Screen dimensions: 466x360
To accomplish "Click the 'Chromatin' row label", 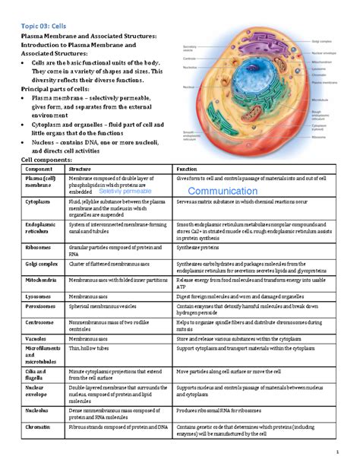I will coord(38,428).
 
